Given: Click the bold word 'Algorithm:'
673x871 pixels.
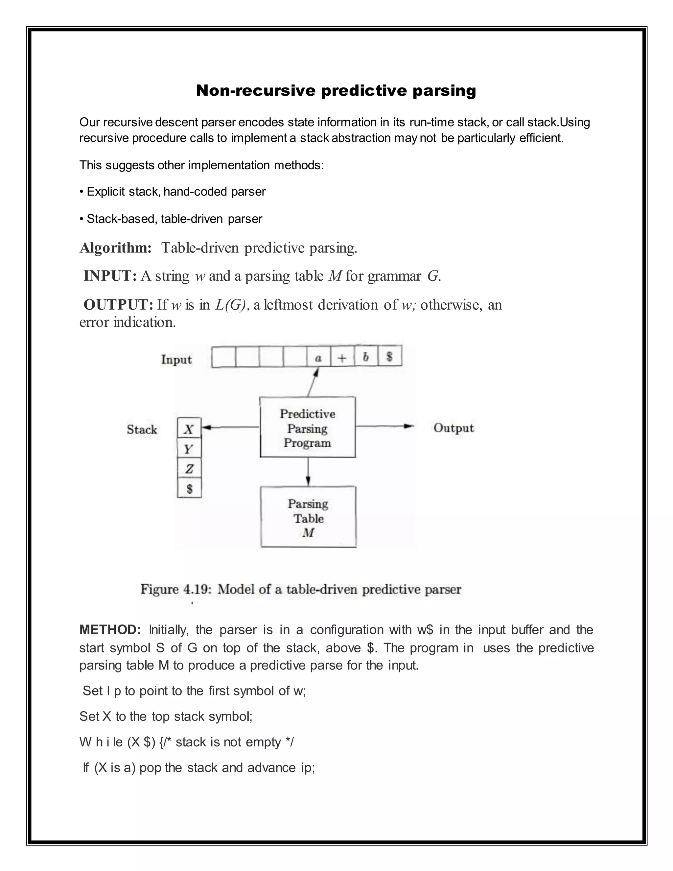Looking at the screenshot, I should tap(116, 248).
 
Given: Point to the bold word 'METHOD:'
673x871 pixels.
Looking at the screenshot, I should tap(110, 630).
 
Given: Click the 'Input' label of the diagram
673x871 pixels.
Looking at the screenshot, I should tap(176, 359).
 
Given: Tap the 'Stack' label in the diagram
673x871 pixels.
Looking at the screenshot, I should tap(142, 430).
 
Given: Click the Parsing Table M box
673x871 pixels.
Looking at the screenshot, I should tap(308, 517).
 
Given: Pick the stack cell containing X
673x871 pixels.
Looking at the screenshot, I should tap(189, 428).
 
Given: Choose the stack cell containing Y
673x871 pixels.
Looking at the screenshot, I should tap(189, 449).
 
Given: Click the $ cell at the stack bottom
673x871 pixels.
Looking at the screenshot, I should tap(189, 488).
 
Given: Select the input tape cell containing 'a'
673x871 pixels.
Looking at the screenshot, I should tap(318, 357).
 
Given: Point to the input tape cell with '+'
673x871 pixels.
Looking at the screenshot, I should tap(342, 357).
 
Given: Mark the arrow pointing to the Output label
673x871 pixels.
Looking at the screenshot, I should tap(385, 426).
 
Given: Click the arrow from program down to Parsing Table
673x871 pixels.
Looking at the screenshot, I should tap(308, 471).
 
